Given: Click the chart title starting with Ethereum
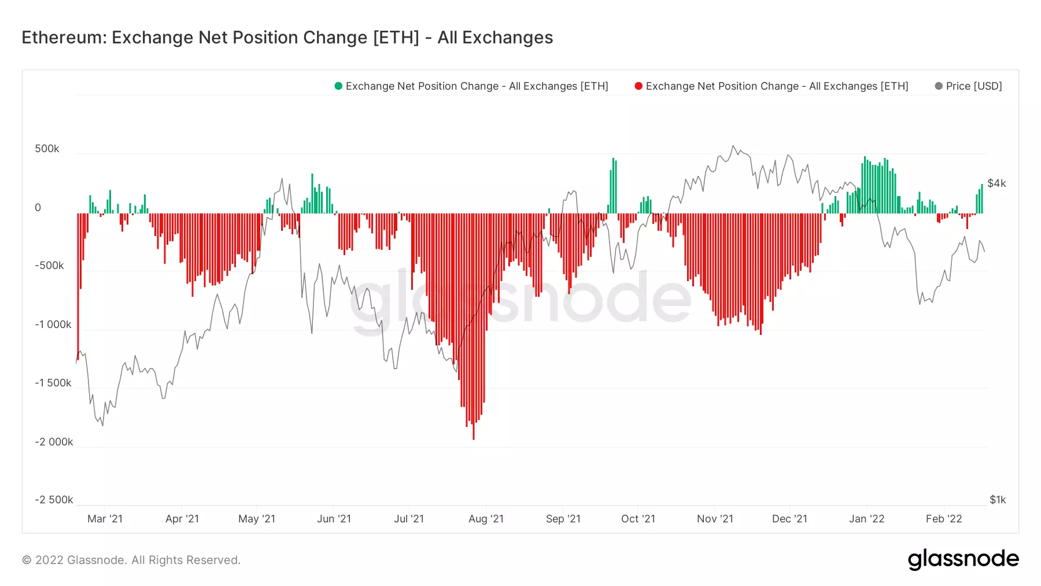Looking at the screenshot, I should coord(287,38).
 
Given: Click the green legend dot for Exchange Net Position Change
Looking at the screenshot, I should coord(338,86).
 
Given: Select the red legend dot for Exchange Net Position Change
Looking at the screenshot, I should coord(638,86).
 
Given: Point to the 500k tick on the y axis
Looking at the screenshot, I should coord(47,149).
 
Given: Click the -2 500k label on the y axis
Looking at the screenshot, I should coord(54,500).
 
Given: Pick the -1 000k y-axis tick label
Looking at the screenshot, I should coord(53,325).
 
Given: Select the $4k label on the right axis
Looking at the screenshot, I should coord(996,183).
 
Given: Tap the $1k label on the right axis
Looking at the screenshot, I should coord(998,500).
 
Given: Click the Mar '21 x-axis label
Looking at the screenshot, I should coord(105,519).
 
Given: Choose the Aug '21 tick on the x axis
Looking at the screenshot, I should coord(486,519).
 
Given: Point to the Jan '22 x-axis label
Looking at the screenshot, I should coord(866,519).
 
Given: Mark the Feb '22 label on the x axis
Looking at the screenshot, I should coord(944,519).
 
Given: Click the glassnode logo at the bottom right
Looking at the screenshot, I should coord(963,559).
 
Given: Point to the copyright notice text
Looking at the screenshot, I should coord(131,560).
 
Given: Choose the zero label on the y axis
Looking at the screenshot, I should coord(38,208).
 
